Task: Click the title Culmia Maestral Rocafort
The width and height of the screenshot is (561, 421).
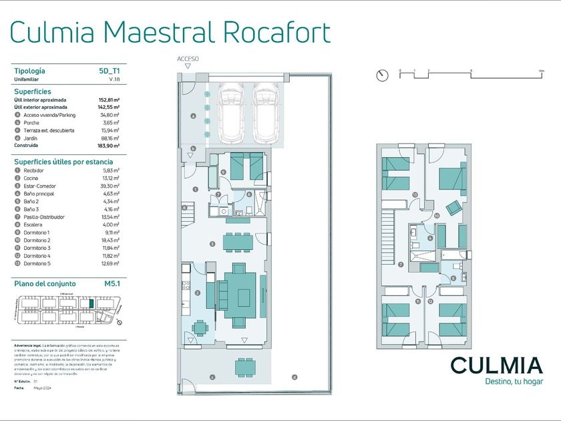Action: (x=171, y=31)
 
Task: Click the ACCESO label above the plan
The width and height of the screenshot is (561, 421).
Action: (x=188, y=59)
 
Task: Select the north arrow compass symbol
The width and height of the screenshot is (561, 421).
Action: (x=382, y=75)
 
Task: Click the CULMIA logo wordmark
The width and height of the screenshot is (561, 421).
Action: (x=496, y=365)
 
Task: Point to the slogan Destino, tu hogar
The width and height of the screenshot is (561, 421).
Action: (x=514, y=382)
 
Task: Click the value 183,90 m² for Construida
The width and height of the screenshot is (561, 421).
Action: (x=108, y=145)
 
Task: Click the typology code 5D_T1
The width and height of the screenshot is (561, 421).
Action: (x=109, y=70)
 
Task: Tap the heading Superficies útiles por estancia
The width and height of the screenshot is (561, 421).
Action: (x=63, y=161)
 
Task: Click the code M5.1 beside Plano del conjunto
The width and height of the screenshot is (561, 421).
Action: (x=112, y=283)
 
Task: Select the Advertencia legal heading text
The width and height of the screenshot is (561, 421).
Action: (x=28, y=345)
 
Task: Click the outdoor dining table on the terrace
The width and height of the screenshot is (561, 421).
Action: (x=244, y=368)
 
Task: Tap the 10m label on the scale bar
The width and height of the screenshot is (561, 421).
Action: (x=542, y=70)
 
